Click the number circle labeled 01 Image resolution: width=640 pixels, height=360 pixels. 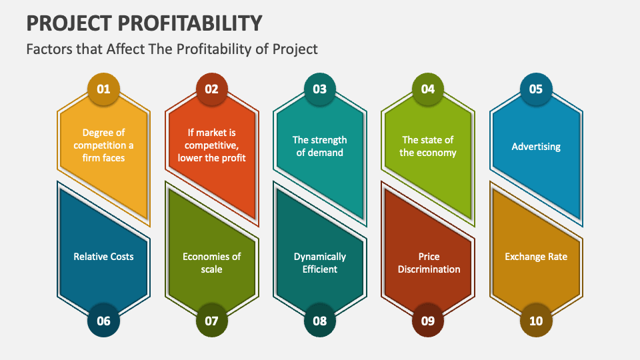pyautogui.click(x=103, y=89)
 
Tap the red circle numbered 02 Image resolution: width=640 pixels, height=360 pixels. pyautogui.click(x=211, y=89)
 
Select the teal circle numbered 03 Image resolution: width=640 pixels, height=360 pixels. pyautogui.click(x=320, y=89)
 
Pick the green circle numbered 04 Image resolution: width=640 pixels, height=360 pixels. pyautogui.click(x=428, y=89)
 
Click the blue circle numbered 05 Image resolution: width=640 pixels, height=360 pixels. pyautogui.click(x=536, y=89)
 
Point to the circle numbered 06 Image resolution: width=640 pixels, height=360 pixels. pyautogui.click(x=103, y=321)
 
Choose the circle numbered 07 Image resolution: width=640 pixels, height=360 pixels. pyautogui.click(x=211, y=321)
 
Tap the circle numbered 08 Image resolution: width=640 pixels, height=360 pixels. pyautogui.click(x=320, y=321)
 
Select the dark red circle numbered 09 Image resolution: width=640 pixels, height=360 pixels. pyautogui.click(x=428, y=321)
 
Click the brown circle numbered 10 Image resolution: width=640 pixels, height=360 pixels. pyautogui.click(x=536, y=321)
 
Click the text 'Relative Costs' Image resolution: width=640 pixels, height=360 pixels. pyautogui.click(x=103, y=257)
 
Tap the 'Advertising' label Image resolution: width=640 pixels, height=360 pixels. pyautogui.click(x=536, y=146)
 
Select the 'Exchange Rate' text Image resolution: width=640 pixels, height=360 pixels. pyautogui.click(x=536, y=257)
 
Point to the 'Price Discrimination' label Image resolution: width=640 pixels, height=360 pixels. pyautogui.click(x=429, y=263)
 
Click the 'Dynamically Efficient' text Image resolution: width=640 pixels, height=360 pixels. pyautogui.click(x=320, y=263)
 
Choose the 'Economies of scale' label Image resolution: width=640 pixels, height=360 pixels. pyautogui.click(x=211, y=263)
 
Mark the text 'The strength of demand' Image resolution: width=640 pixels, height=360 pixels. pyautogui.click(x=320, y=146)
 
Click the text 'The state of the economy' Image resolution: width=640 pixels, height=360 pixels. pyautogui.click(x=428, y=146)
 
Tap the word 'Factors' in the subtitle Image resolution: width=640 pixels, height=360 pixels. pyautogui.click(x=47, y=49)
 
